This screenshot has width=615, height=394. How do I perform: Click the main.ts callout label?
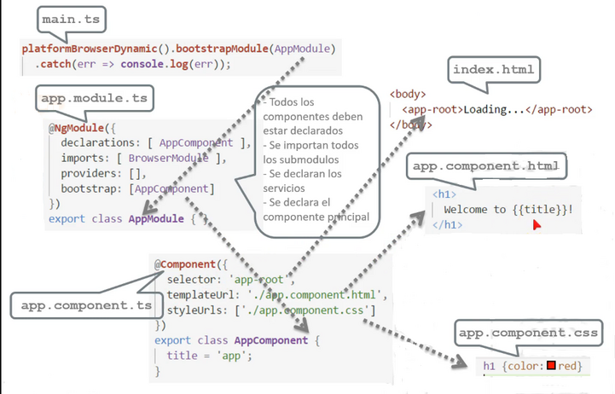point(71,20)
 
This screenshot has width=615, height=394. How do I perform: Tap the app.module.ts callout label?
point(94,98)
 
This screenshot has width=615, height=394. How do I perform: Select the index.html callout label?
point(493,70)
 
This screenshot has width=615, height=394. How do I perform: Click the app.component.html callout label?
point(486,166)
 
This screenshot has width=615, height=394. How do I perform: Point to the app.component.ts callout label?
point(86,305)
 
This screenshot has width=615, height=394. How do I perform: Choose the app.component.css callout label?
point(528,333)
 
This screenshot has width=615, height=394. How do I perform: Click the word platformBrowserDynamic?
point(90,49)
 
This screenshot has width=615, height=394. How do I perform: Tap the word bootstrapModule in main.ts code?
point(222,49)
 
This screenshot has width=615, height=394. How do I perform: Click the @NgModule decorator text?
point(77,128)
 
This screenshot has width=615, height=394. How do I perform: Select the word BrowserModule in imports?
point(168,159)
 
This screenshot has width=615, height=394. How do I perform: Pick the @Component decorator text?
point(185,264)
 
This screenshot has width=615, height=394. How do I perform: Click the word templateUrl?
point(200,295)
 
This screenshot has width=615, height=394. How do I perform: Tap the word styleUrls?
point(194,310)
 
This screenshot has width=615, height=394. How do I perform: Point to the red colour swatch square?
point(551,365)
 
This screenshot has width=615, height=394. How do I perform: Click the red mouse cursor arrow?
point(537,225)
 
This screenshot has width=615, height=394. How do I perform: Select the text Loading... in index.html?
point(494,109)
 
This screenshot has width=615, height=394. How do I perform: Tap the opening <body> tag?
point(408,94)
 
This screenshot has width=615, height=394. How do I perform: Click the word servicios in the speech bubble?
point(284,188)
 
